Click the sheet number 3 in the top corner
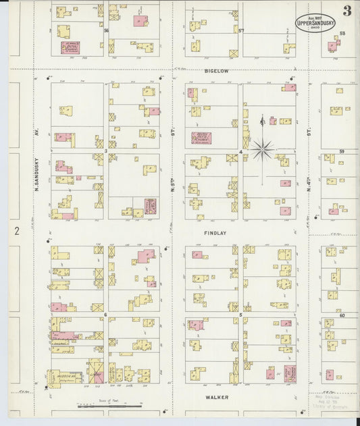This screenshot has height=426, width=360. click(x=346, y=11)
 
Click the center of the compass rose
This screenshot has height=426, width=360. click(x=263, y=147)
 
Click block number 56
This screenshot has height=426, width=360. click(x=106, y=30)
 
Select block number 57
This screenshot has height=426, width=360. click(x=240, y=30)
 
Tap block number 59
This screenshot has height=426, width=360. click(x=342, y=152)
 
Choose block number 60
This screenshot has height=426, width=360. click(x=342, y=315)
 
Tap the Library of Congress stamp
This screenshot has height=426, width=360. click(x=331, y=403)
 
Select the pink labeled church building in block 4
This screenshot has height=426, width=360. click(x=201, y=138)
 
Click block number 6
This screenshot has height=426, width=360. click(x=106, y=315)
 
